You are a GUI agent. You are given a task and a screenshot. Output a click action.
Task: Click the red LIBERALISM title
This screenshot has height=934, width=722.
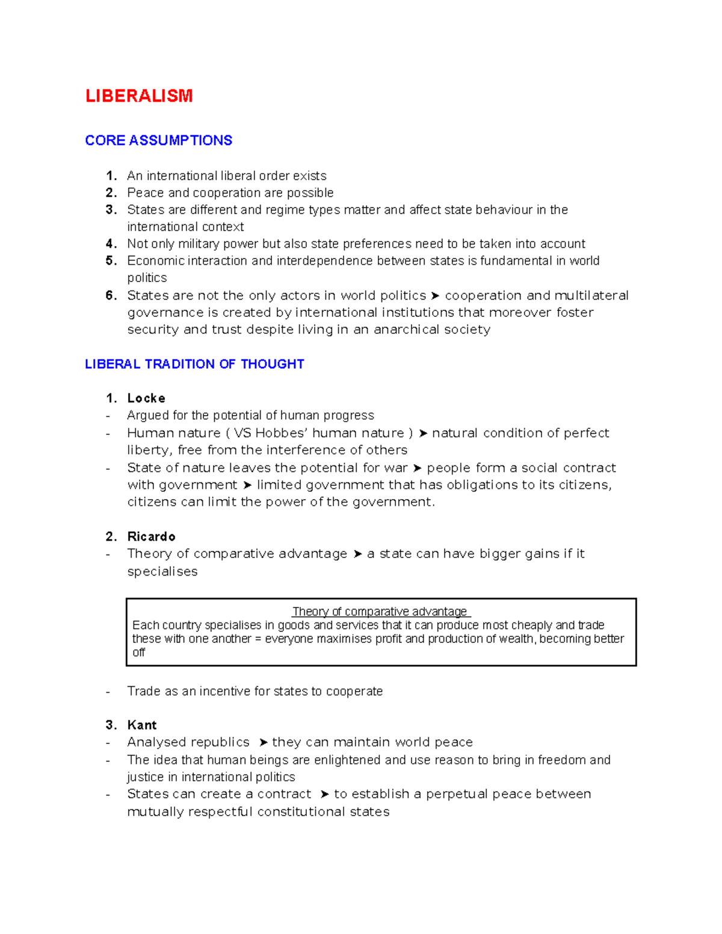point(139,96)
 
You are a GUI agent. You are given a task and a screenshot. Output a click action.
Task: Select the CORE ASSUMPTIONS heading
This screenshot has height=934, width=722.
point(158,140)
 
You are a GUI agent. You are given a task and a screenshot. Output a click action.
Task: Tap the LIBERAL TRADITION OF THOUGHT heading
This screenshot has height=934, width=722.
point(194,364)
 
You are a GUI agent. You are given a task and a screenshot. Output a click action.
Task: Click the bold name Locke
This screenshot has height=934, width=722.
point(146,398)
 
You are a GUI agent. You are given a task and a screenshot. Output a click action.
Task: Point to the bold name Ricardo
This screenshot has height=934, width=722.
point(151,536)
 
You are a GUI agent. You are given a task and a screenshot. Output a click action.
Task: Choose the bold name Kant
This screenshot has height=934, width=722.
point(142,725)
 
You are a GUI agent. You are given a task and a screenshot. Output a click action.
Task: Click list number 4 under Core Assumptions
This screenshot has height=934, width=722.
point(111,244)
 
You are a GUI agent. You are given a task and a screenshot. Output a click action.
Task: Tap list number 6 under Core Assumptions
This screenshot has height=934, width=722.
point(111,295)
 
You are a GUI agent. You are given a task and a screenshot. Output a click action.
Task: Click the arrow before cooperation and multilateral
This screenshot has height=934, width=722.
point(435,296)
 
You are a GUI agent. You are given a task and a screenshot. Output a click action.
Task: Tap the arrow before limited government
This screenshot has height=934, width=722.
point(247,485)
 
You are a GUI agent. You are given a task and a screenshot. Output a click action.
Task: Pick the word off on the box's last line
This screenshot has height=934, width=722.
point(139,653)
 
